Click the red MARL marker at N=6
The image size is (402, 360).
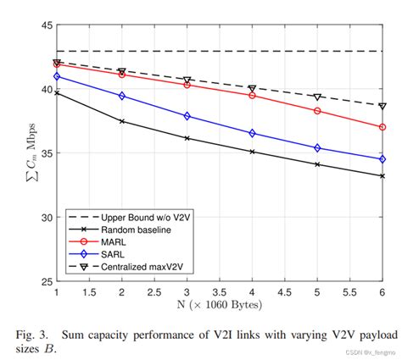point(382,127)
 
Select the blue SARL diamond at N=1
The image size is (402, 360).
point(57,76)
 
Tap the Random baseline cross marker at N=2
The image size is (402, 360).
point(122,121)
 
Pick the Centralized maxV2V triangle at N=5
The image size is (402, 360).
point(317,97)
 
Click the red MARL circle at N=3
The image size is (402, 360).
point(187,85)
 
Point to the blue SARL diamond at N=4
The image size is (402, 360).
point(252,133)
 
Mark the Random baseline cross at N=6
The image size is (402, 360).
point(382,176)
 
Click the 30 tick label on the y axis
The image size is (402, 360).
point(42,217)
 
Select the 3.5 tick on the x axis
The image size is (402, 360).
point(220,291)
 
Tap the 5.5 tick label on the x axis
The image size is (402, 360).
point(349,291)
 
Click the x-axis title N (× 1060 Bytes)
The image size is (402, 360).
point(219,303)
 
